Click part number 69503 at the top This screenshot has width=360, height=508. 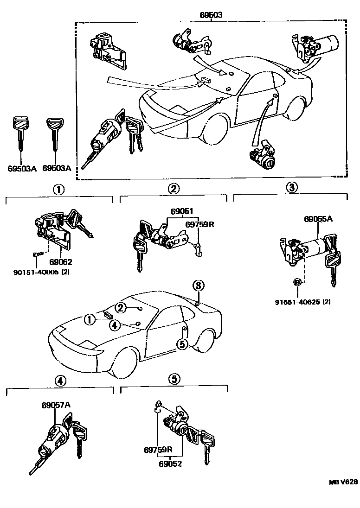click(211, 15)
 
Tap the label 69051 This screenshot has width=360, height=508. click(181, 211)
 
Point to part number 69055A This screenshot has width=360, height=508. click(318, 219)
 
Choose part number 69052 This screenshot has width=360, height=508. click(170, 463)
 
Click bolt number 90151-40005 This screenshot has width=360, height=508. click(36, 272)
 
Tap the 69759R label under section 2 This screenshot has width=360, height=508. click(199, 224)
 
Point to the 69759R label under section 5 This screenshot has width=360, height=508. click(158, 450)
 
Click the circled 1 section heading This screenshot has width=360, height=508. click(58, 189)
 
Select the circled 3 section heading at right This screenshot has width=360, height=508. click(290, 187)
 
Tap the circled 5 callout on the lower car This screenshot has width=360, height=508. click(182, 343)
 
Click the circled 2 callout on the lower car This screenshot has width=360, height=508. click(121, 307)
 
